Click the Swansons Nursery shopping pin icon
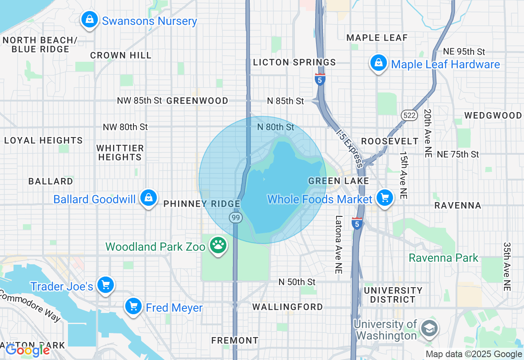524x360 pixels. coord(89,20)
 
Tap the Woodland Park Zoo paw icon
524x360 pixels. coord(218,245)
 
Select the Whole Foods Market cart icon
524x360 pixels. coord(384,198)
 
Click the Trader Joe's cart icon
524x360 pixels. coord(106,285)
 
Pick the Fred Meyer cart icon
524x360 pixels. coord(133,306)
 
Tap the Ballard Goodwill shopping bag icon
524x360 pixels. coord(149,198)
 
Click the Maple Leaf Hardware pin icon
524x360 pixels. coord(379,63)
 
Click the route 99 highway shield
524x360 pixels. coord(235,218)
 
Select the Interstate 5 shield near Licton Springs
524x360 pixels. coord(320,79)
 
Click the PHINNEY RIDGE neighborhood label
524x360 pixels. coord(202,204)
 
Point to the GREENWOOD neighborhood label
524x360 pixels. coord(197,101)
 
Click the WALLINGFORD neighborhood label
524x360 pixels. coord(287,307)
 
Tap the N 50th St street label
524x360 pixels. coord(297,282)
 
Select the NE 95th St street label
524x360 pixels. coord(464,52)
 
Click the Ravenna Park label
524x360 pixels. coord(443,258)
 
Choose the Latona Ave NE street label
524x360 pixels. coord(339,244)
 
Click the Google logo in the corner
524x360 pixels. coord(27,350)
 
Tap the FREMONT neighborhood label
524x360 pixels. coord(235,340)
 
